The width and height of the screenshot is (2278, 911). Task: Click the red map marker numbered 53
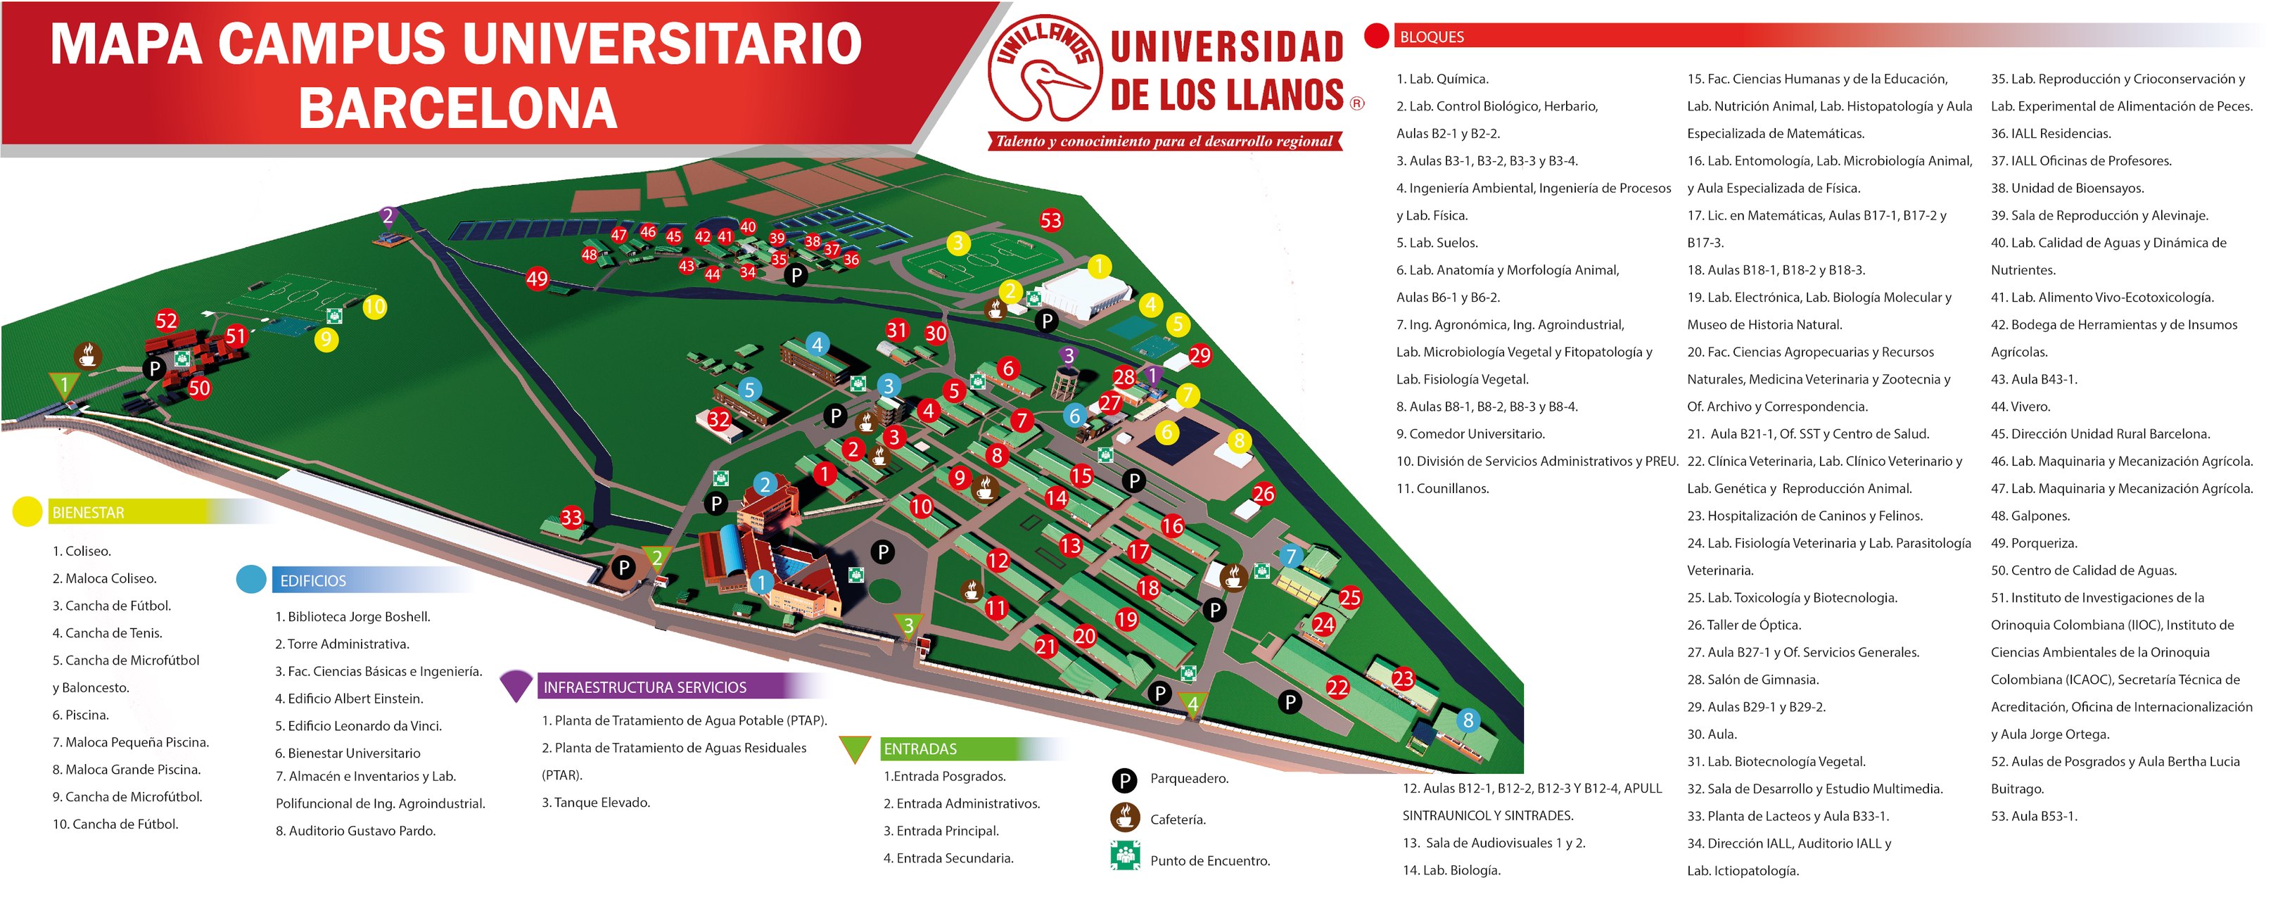pyautogui.click(x=1050, y=220)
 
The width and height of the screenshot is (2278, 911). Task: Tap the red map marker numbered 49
pyautogui.click(x=537, y=279)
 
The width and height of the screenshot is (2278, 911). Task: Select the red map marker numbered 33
pyautogui.click(x=571, y=518)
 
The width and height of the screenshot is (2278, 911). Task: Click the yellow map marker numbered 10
pyautogui.click(x=374, y=307)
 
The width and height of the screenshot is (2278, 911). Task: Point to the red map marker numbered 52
pyautogui.click(x=166, y=320)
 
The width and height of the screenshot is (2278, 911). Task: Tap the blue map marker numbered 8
pyautogui.click(x=1468, y=720)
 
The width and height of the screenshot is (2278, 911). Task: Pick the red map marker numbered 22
pyautogui.click(x=1337, y=687)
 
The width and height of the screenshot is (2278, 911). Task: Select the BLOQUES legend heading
pyautogui.click(x=1432, y=37)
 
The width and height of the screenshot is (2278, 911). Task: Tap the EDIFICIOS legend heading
pyautogui.click(x=313, y=581)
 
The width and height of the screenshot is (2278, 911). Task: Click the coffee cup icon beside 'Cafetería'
pyautogui.click(x=1124, y=817)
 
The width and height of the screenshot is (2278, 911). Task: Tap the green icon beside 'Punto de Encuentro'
pyautogui.click(x=1124, y=856)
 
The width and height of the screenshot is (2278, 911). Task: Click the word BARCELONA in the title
pyautogui.click(x=457, y=110)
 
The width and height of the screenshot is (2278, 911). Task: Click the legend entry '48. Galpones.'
pyautogui.click(x=2030, y=516)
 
